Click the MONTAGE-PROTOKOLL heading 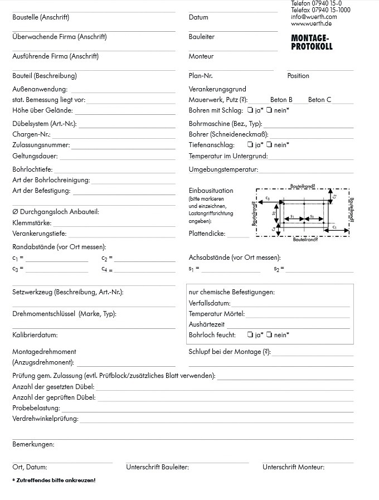click(x=312, y=42)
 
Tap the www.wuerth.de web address click(x=312, y=24)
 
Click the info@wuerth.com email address click(x=314, y=17)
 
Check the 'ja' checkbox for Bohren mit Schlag click(x=250, y=110)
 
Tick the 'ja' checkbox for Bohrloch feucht click(x=250, y=334)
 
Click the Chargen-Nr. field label click(x=31, y=134)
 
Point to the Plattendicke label click(x=207, y=234)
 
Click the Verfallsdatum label click(x=210, y=303)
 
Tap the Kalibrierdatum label click(x=35, y=335)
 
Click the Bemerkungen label click(x=33, y=444)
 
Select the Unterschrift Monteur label click(x=293, y=467)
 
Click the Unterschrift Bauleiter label click(x=158, y=467)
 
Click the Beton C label click(x=319, y=100)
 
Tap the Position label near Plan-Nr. click(x=298, y=76)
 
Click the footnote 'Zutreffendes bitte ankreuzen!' click(x=54, y=480)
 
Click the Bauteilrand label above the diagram click(x=303, y=186)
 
